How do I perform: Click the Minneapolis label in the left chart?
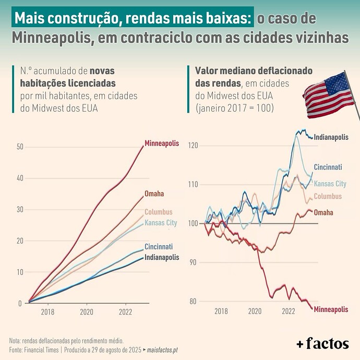tap(162, 143)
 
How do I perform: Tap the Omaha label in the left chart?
tap(154, 194)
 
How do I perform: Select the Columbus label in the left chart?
tap(158, 212)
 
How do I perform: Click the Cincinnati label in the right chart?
tap(328, 167)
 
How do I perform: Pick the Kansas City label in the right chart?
tap(330, 184)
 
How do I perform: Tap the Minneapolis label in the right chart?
tap(331, 309)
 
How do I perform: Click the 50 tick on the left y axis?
tap(20, 147)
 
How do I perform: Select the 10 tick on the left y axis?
tap(20, 272)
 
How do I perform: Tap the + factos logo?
tap(322, 343)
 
